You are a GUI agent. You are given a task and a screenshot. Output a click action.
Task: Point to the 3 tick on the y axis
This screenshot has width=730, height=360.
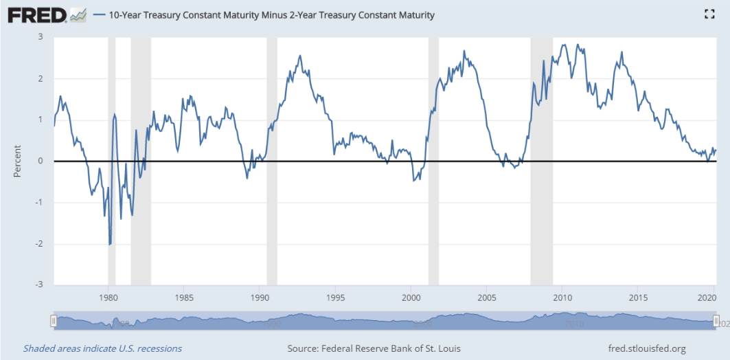point(41,37)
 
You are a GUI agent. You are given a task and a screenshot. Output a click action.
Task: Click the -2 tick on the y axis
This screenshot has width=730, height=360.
point(39,243)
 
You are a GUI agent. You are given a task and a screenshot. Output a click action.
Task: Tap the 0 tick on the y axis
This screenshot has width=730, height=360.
point(41,161)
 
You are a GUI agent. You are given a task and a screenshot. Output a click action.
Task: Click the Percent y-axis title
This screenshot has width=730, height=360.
point(17,161)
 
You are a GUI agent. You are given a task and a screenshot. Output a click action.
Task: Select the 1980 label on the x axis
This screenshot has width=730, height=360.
point(109,298)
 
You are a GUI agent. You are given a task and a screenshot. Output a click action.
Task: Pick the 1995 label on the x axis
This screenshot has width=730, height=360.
point(335,298)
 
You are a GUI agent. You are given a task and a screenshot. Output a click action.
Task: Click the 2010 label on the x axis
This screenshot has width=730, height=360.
point(562,298)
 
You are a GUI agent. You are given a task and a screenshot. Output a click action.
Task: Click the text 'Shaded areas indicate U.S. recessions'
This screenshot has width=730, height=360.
point(102,348)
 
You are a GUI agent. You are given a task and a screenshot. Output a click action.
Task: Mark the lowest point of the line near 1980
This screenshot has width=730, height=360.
point(110,244)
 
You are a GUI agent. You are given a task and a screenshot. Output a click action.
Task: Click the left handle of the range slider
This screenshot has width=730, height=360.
point(54,321)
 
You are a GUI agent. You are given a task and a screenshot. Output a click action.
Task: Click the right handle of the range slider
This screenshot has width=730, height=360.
point(716,321)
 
